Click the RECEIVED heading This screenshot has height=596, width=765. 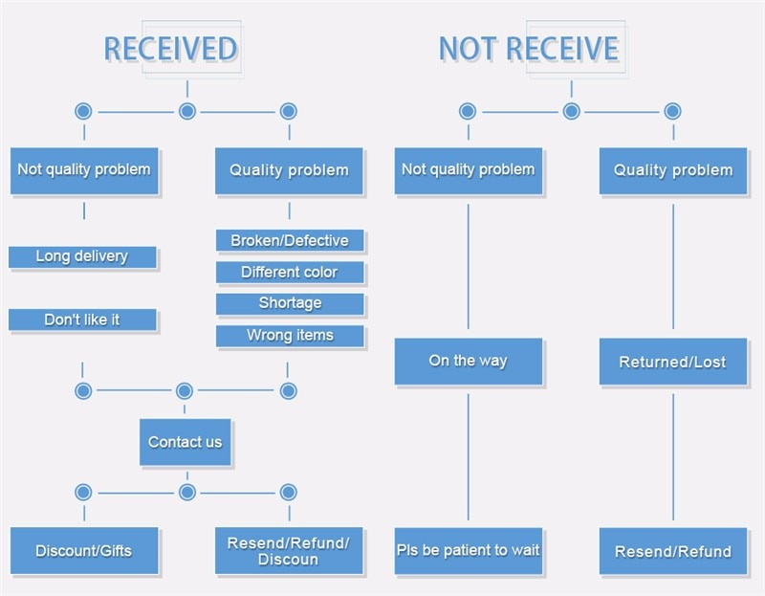[x=170, y=49]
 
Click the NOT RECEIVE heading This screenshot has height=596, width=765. [x=528, y=49]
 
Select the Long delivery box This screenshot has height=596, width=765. [x=82, y=257]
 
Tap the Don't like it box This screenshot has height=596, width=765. [x=82, y=320]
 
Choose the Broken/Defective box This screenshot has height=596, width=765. [x=290, y=241]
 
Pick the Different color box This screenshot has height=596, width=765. [x=290, y=273]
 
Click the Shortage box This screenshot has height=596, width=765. [x=290, y=304]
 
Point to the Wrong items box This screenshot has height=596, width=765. [x=290, y=336]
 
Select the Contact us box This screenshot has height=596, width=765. [x=186, y=442]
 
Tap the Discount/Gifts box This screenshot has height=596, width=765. [x=84, y=551]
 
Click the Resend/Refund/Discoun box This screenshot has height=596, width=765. [x=289, y=551]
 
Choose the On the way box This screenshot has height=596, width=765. [x=469, y=362]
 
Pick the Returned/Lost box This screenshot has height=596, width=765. [x=672, y=363]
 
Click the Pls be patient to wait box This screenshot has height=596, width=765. [x=469, y=551]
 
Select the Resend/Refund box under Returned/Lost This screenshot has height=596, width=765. [x=672, y=552]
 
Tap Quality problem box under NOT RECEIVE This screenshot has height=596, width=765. [x=672, y=171]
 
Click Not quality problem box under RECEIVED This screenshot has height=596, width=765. [x=84, y=170]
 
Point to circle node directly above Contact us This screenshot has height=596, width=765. [x=185, y=391]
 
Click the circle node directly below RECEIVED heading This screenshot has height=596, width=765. [x=187, y=111]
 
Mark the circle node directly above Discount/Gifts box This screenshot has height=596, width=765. [x=83, y=493]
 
